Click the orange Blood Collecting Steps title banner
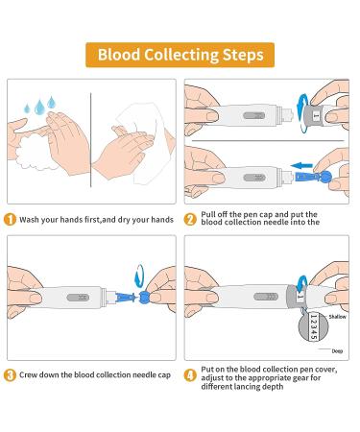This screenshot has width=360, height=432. [x=180, y=55]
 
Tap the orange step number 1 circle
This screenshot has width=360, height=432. [x=10, y=220]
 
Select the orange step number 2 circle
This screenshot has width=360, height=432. [x=190, y=220]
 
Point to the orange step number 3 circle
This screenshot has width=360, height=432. [x=10, y=375]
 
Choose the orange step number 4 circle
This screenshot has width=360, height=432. [x=190, y=375]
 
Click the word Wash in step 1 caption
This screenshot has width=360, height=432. [x=29, y=220]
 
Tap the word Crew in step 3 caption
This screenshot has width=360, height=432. [x=29, y=374]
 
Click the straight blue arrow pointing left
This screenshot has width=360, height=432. [x=301, y=165]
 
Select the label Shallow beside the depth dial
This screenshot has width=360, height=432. [x=338, y=317]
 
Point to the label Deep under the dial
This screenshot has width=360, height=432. [x=337, y=351]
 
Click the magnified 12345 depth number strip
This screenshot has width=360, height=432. [x=313, y=326]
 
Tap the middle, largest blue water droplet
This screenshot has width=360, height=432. [x=39, y=108]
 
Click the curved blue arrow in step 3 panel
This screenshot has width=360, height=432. [x=139, y=276]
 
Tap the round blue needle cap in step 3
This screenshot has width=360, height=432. [x=144, y=297]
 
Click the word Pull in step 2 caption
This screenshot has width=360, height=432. [x=208, y=214]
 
